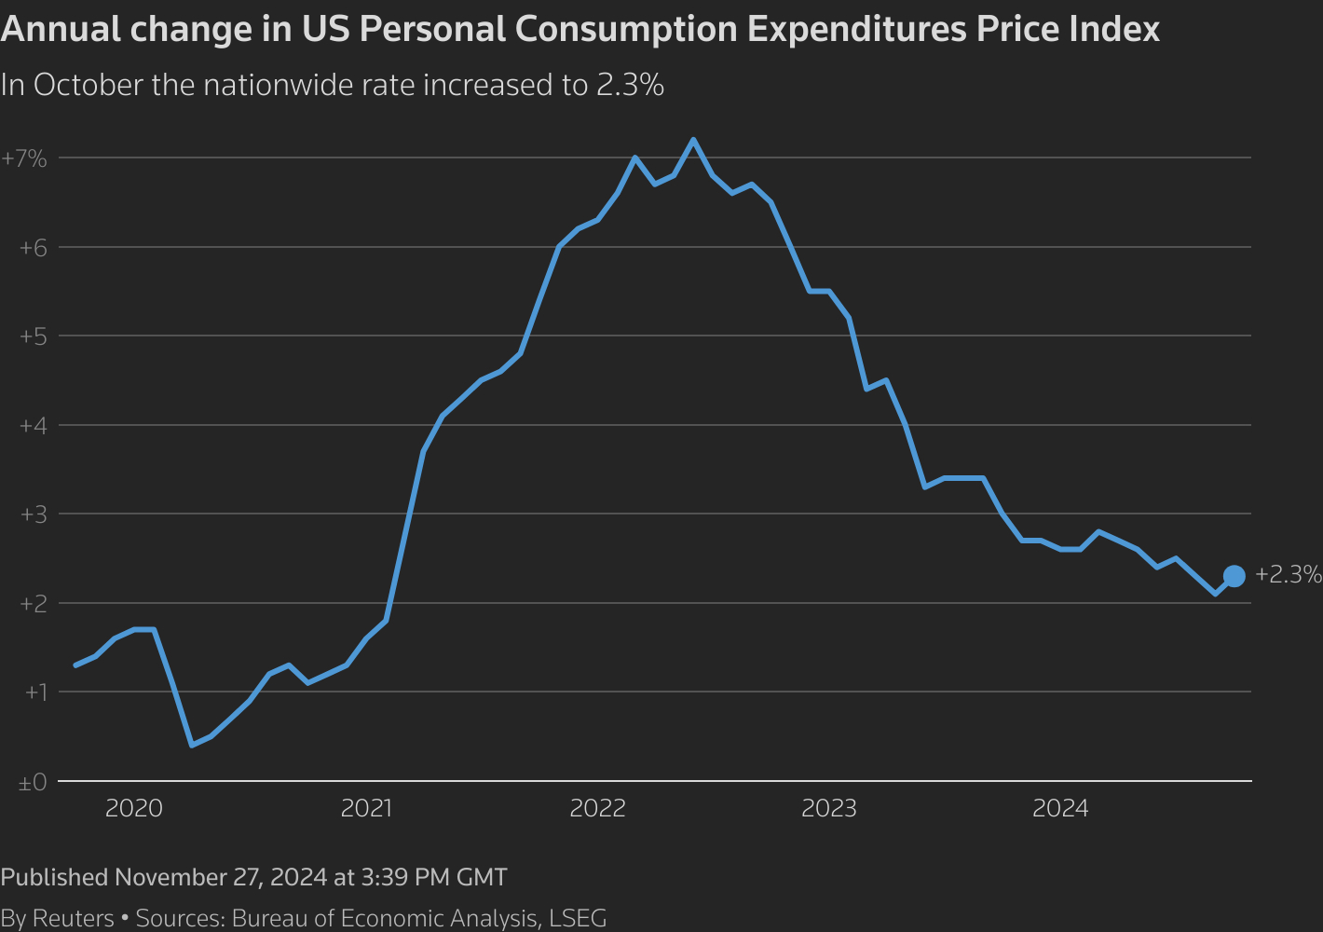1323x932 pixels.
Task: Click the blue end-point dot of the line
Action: tap(1234, 576)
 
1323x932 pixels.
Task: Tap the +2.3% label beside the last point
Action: tap(1288, 574)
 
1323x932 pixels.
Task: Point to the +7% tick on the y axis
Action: tap(24, 158)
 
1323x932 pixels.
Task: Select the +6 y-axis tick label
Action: tap(33, 247)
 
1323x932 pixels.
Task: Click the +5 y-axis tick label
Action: tap(33, 336)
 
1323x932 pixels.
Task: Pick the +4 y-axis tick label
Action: tap(33, 425)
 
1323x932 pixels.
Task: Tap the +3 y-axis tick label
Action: tap(33, 514)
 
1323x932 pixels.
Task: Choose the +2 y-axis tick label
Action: tap(33, 603)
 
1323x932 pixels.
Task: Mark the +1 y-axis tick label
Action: tap(34, 692)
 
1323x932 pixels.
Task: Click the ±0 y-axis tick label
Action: tap(32, 782)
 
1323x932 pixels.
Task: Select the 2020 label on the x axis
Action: tap(134, 808)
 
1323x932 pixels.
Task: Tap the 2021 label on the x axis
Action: tap(366, 808)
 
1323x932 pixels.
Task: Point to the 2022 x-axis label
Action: tap(597, 808)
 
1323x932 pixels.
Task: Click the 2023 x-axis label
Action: tap(829, 808)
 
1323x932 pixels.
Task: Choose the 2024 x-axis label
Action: tap(1060, 808)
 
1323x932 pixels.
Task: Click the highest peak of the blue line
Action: tap(693, 140)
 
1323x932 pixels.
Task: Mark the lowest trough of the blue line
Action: tap(192, 745)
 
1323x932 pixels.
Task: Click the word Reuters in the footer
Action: tap(73, 918)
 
